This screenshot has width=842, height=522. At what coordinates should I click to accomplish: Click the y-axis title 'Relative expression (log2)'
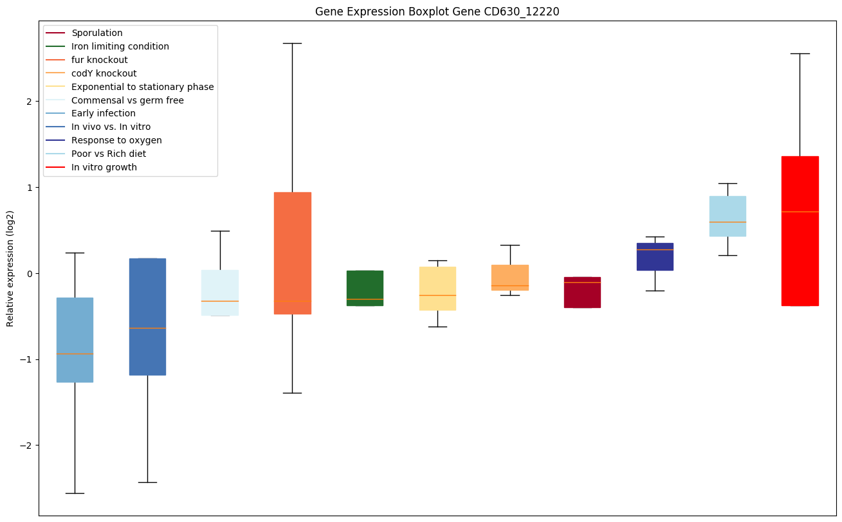[10, 268]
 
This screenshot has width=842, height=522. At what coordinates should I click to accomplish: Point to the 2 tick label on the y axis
[29, 101]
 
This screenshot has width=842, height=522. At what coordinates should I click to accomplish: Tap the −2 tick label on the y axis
[27, 446]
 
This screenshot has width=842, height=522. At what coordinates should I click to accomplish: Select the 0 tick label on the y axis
[29, 273]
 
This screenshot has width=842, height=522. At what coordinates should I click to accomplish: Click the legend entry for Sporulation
[97, 33]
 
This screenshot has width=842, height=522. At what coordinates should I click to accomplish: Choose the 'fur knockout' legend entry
[100, 60]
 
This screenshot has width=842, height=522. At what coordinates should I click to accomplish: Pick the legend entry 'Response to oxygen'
[116, 140]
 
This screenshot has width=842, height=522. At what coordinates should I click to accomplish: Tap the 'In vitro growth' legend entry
[104, 167]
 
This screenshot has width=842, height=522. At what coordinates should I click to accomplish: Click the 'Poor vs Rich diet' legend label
[109, 154]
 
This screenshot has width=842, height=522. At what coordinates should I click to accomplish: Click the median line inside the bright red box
[800, 212]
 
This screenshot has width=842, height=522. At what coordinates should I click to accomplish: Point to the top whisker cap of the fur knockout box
[292, 43]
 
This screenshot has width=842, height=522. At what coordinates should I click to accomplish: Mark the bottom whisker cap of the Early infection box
[75, 493]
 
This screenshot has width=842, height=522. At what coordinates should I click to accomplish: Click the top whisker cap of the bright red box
[800, 53]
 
